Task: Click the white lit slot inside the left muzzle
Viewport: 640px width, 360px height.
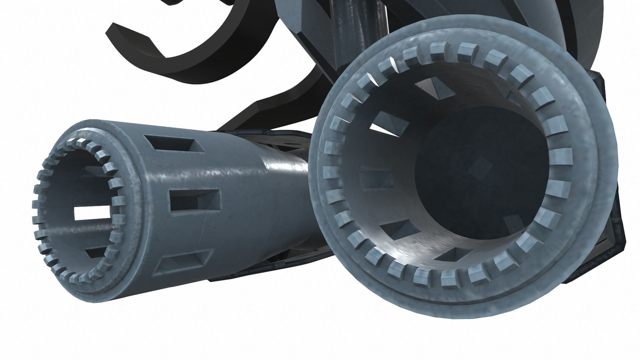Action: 92,213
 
